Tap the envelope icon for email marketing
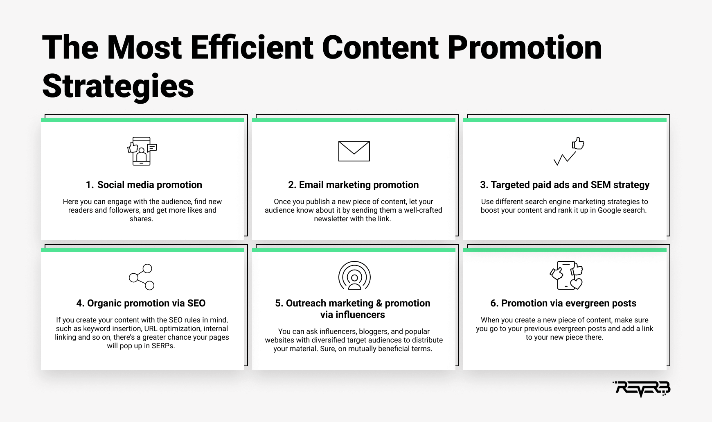pyautogui.click(x=354, y=151)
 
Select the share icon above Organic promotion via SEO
pyautogui.click(x=142, y=277)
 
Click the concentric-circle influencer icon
pyautogui.click(x=354, y=275)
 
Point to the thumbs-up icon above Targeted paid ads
pyautogui.click(x=578, y=143)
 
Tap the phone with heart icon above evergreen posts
pyautogui.click(x=566, y=275)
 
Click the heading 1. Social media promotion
pyautogui.click(x=144, y=185)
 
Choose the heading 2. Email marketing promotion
pyautogui.click(x=354, y=185)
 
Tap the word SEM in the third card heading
pyautogui.click(x=601, y=185)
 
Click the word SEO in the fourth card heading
pyautogui.click(x=196, y=303)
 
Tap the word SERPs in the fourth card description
pyautogui.click(x=163, y=346)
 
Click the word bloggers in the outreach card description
pyautogui.click(x=374, y=331)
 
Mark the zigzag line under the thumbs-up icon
pyautogui.click(x=565, y=159)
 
